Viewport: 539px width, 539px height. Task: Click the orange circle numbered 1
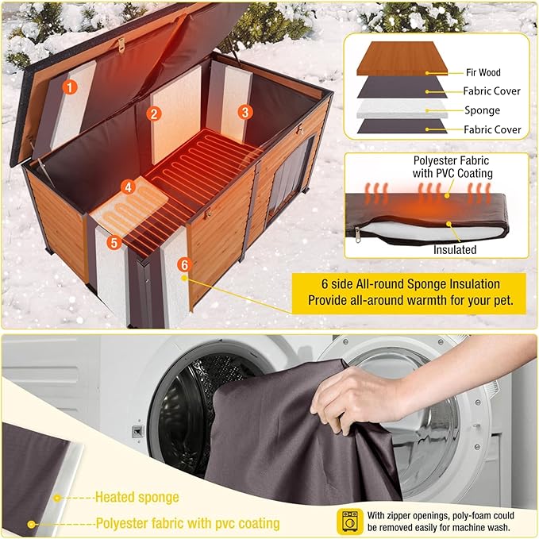pyautogui.click(x=70, y=88)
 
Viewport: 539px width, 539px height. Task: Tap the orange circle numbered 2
pyautogui.click(x=153, y=114)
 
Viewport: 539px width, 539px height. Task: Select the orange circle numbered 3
pyautogui.click(x=245, y=112)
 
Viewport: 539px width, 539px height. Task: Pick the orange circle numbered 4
pyautogui.click(x=129, y=187)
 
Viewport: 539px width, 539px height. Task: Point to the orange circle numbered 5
pyautogui.click(x=117, y=242)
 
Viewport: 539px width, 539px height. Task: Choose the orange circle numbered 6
pyautogui.click(x=184, y=264)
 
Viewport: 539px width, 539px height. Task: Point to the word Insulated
pyautogui.click(x=455, y=249)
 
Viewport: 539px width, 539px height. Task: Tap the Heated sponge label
pyautogui.click(x=137, y=498)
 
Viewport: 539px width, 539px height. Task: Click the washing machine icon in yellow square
pyautogui.click(x=347, y=519)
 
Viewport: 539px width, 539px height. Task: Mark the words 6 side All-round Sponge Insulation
pyautogui.click(x=405, y=284)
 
